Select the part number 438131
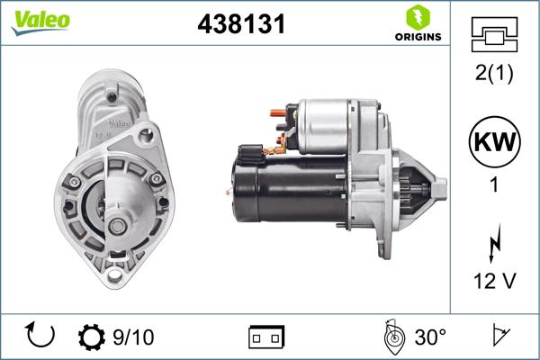pyautogui.click(x=241, y=25)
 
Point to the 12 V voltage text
pyautogui.click(x=493, y=282)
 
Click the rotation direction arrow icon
pyautogui.click(x=41, y=337)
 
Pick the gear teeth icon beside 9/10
pyautogui.click(x=92, y=337)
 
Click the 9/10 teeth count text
pyautogui.click(x=132, y=337)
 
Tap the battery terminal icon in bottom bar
pyautogui.click(x=267, y=337)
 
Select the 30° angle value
pyautogui.click(x=430, y=337)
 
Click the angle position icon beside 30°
pyautogui.click(x=392, y=337)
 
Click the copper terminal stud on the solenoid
pyautogui.click(x=275, y=113)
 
